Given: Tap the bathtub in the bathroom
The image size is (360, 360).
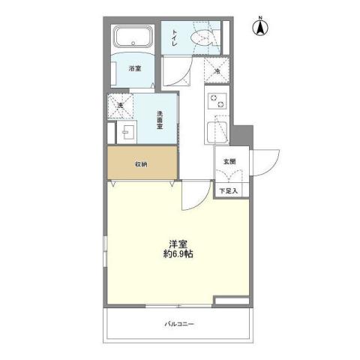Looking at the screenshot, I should pyautogui.click(x=132, y=38).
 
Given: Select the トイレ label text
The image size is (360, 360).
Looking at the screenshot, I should pyautogui.click(x=174, y=37).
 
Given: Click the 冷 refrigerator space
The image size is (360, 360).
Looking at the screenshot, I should pyautogui.click(x=217, y=70).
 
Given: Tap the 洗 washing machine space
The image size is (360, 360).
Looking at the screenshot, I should pyautogui.click(x=119, y=106).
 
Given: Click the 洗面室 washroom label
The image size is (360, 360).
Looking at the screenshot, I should pyautogui.click(x=160, y=120).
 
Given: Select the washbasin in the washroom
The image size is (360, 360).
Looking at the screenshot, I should pyautogui.click(x=126, y=133).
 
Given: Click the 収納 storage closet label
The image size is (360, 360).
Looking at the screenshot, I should pyautogui.click(x=141, y=163).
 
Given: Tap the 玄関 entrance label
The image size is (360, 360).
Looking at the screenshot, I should pyautogui.click(x=228, y=162).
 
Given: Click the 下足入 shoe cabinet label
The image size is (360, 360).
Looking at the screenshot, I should pyautogui.click(x=228, y=191).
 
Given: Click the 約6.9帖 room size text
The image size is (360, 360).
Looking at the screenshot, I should pyautogui.click(x=178, y=256).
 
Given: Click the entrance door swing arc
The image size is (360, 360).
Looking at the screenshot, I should pyautogui.click(x=266, y=161).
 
